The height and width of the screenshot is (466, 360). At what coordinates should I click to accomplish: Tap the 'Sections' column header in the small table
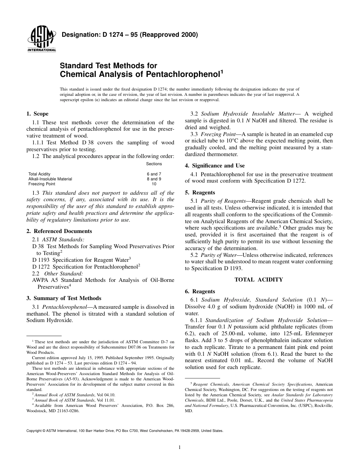coord(154,164)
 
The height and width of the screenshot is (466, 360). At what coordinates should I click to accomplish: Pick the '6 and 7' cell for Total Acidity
coord(154,174)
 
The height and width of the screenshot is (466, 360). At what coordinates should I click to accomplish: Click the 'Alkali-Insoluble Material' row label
coord(50,179)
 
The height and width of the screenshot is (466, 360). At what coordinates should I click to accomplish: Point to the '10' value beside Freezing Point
coord(154,184)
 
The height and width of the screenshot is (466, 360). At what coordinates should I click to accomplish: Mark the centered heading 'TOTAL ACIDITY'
coord(258,280)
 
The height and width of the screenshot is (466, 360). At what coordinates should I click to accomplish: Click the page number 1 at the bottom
coord(180,447)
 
